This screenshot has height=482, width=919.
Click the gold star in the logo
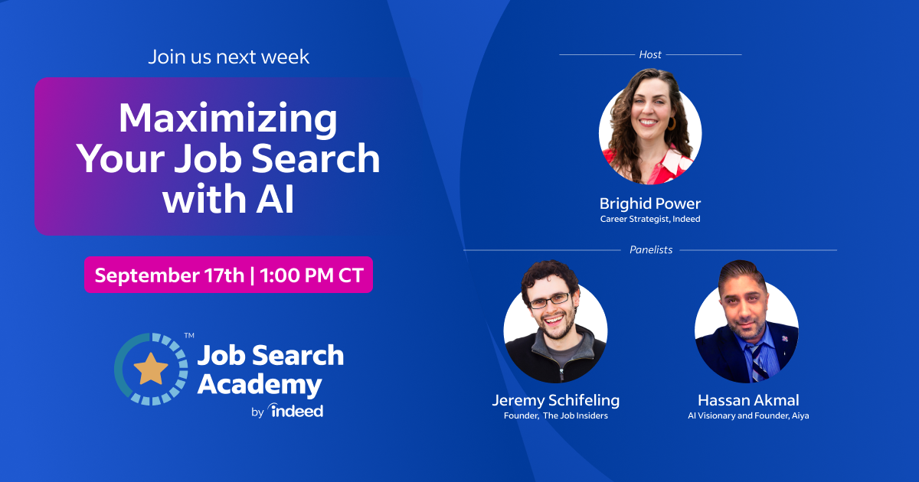click(x=151, y=369)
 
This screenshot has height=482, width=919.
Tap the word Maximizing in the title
click(x=227, y=119)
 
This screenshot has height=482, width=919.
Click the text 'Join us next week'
click(x=228, y=57)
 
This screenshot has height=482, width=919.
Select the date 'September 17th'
click(x=169, y=275)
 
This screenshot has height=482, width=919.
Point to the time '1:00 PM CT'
click(x=312, y=275)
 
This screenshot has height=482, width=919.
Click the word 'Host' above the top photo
click(x=650, y=54)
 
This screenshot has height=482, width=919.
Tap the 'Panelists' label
click(x=651, y=249)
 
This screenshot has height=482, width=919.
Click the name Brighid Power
click(x=650, y=204)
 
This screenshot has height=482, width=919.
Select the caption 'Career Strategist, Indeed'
click(x=650, y=219)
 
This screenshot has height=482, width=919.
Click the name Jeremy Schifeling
click(x=556, y=400)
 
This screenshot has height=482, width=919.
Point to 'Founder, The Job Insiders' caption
click(x=556, y=415)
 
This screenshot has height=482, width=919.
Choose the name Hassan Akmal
click(x=748, y=400)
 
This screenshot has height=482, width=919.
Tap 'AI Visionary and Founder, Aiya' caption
click(x=748, y=415)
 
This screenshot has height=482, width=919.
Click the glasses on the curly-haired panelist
click(x=550, y=301)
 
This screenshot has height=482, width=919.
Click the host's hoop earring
click(x=672, y=123)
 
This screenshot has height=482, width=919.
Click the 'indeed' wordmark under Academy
click(x=296, y=411)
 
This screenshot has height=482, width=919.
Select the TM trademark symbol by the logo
click(x=189, y=336)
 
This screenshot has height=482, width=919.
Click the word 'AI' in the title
click(x=275, y=199)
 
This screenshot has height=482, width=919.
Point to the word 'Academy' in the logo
click(x=260, y=386)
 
